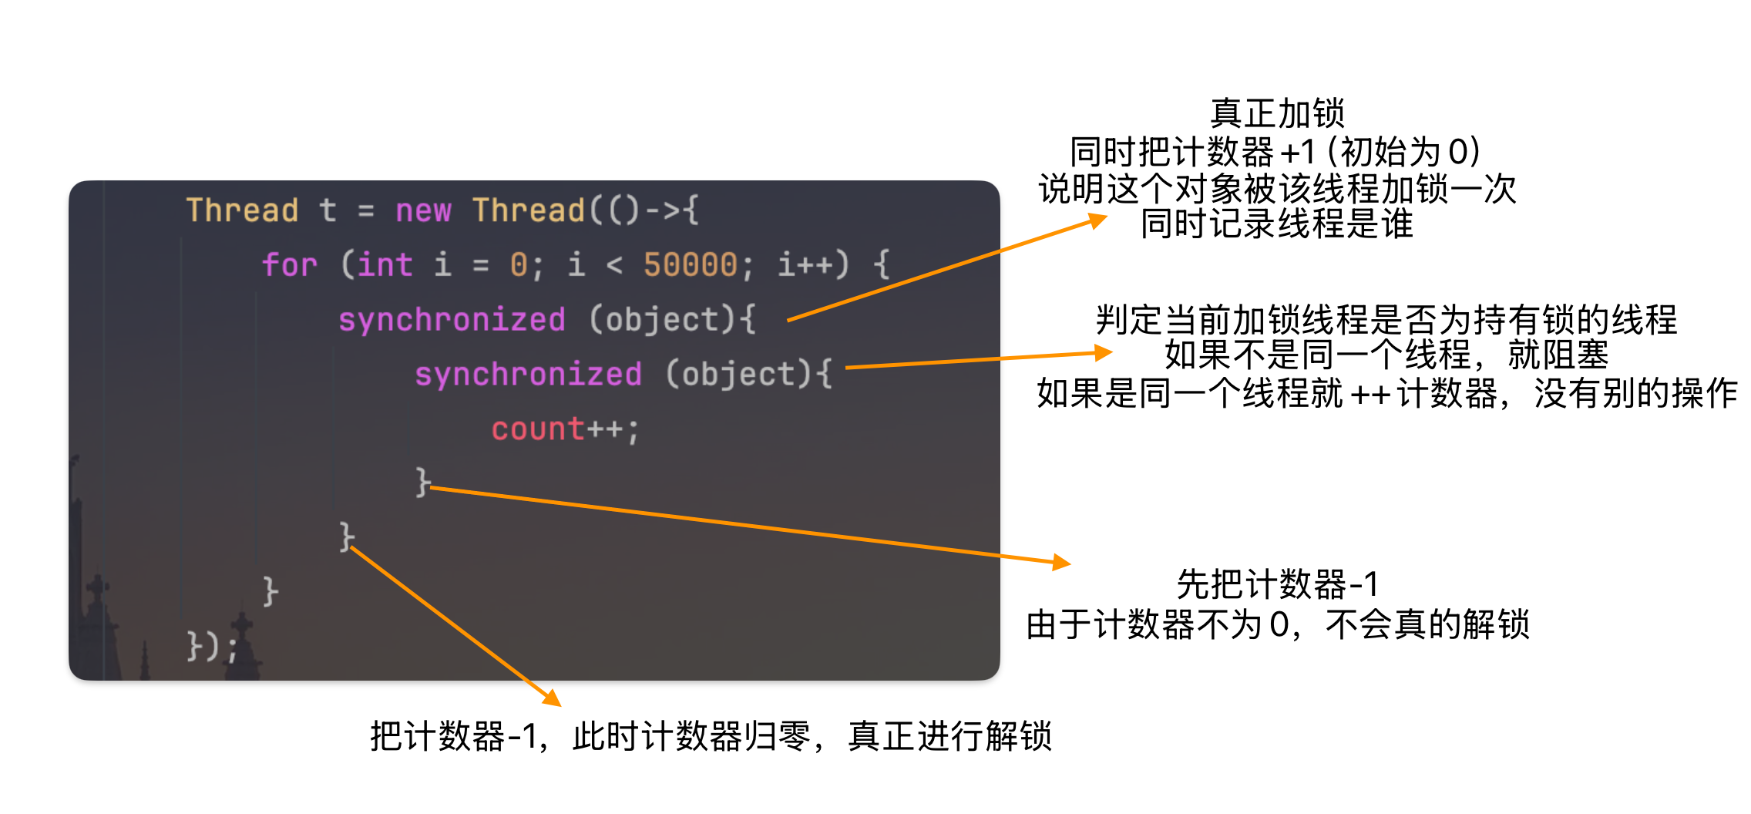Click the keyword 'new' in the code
click(423, 210)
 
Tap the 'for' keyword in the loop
click(290, 265)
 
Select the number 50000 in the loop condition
click(691, 265)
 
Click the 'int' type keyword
click(385, 265)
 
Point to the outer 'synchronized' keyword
click(452, 320)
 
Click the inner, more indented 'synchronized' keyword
click(528, 375)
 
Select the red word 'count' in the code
click(538, 429)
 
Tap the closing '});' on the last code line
click(212, 646)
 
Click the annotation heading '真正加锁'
click(1277, 113)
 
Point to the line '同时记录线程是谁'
click(1277, 224)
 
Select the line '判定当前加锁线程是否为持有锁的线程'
click(1386, 320)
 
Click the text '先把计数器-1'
click(1277, 584)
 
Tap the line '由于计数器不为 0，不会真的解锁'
click(1277, 624)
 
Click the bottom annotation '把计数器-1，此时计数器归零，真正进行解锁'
click(711, 736)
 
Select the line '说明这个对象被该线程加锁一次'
click(1277, 188)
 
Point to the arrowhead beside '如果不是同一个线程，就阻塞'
click(1104, 353)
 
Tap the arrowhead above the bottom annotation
click(552, 698)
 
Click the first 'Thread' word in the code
click(242, 210)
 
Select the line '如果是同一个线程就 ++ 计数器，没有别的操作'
click(1386, 394)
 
